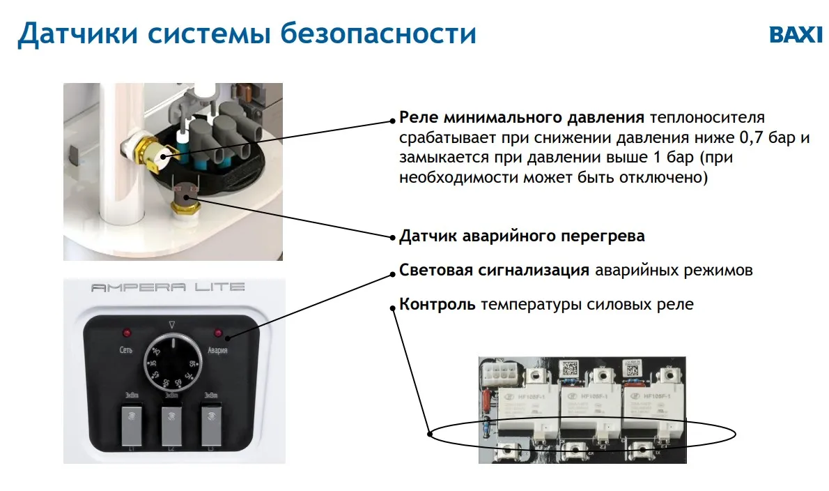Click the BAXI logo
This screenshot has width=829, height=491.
(x=796, y=36)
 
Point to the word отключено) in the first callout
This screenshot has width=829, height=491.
(x=673, y=178)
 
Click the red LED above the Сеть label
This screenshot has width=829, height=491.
(x=127, y=332)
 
